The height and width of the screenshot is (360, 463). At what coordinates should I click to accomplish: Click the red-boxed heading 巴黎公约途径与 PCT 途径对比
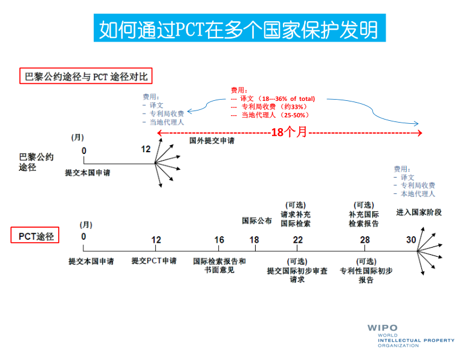tap(83, 76)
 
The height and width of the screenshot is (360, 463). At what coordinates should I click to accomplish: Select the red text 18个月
tap(289, 132)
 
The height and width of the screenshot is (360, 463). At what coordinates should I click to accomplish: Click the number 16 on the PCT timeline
tap(219, 240)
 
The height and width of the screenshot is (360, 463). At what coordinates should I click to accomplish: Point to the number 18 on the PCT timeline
tap(254, 240)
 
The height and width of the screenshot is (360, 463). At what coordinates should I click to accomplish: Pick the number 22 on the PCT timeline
tap(298, 240)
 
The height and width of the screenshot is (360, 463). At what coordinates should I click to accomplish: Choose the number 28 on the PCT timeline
tap(364, 240)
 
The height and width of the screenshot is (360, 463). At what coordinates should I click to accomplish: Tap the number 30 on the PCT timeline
tap(411, 240)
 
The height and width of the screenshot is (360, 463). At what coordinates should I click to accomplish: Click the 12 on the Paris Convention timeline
tap(146, 149)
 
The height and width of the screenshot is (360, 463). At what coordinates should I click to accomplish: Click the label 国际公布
tap(257, 220)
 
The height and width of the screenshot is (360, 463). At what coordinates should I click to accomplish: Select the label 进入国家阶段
tap(419, 213)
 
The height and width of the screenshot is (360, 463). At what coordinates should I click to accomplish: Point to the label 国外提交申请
tap(212, 141)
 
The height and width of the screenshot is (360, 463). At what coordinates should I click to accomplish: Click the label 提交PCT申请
tap(154, 261)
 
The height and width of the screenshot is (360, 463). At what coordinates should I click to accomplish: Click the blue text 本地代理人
tap(418, 194)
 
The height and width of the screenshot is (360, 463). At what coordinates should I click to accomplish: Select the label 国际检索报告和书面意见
tap(219, 265)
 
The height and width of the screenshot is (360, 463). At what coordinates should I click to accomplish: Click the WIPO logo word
tap(383, 328)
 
